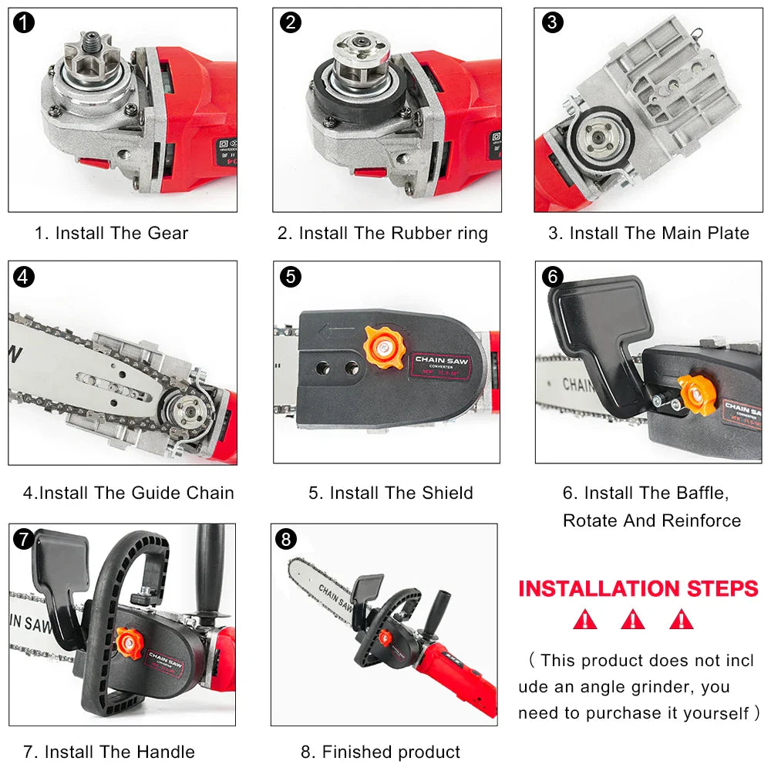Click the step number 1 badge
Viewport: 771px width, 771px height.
pyautogui.click(x=25, y=23)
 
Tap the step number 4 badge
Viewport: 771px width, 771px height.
pyautogui.click(x=25, y=276)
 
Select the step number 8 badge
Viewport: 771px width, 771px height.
pyautogui.click(x=286, y=539)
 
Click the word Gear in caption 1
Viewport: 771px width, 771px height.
pyautogui.click(x=166, y=233)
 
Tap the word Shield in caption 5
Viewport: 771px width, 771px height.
pyautogui.click(x=447, y=493)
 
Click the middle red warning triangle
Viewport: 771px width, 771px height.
pyautogui.click(x=633, y=619)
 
